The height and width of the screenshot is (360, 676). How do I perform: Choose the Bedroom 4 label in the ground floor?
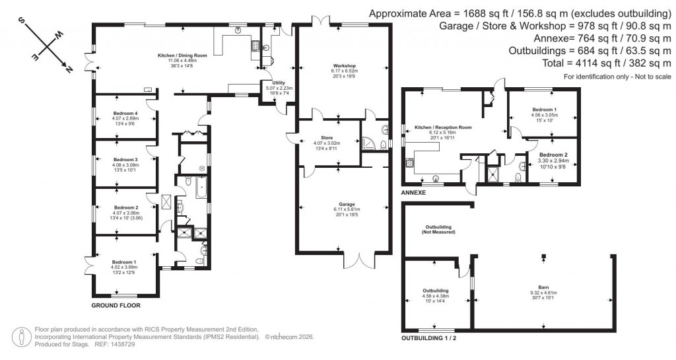click(125, 113)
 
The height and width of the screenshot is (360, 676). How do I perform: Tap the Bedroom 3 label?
click(125, 160)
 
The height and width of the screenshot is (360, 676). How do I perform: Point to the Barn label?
click(543, 287)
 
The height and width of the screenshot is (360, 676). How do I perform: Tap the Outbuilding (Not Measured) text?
click(439, 230)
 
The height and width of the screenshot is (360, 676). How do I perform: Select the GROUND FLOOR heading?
click(116, 306)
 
